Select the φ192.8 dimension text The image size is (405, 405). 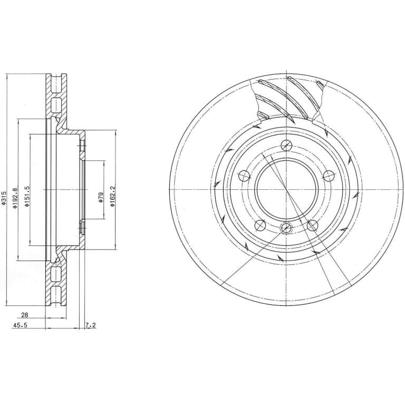[15, 198]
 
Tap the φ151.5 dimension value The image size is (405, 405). [27, 197]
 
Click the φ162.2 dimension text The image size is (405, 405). [112, 197]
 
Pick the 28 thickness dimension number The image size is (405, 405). [25, 315]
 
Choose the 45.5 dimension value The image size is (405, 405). [20, 325]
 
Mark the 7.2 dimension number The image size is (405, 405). [90, 325]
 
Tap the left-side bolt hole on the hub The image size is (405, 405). [244, 176]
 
